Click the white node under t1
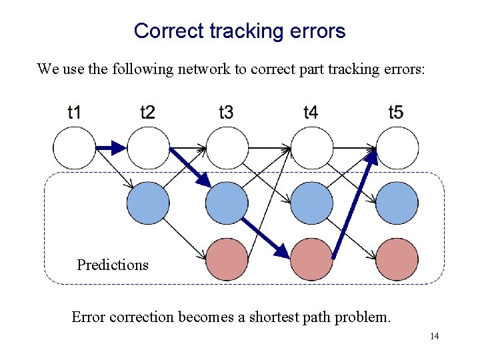tap(75, 148)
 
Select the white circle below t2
tap(148, 148)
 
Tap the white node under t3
tap(227, 148)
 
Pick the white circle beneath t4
tap(311, 148)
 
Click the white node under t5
tap(397, 148)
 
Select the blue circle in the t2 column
tap(148, 203)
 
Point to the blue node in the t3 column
tap(227, 203)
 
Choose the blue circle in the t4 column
tap(311, 203)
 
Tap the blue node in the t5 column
tap(397, 203)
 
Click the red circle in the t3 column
tap(227, 259)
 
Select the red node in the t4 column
tap(311, 259)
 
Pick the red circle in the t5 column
tap(397, 259)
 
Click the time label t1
tap(74, 112)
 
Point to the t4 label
tap(310, 112)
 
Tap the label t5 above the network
tap(395, 112)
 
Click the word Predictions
tap(113, 265)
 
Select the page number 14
tap(434, 336)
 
